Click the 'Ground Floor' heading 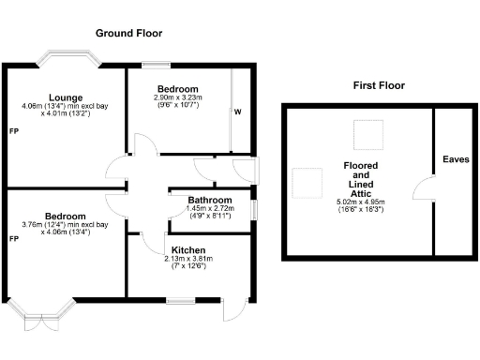pos(128,33)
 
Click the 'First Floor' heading pos(379,85)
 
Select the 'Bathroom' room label pos(209,200)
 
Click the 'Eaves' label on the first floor pos(456,159)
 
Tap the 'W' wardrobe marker pos(237,112)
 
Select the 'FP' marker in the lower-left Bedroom pos(13,239)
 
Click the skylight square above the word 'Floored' pos(366,135)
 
